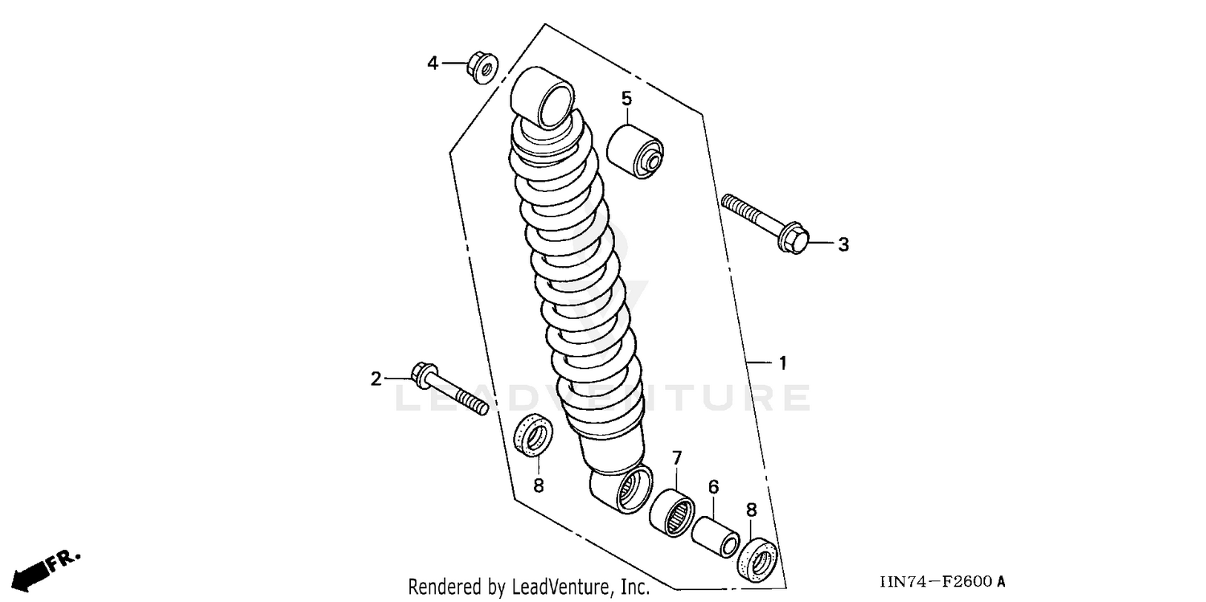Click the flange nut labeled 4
[x=482, y=68]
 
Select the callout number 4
[x=433, y=63]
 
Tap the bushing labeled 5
[x=634, y=151]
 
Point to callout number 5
[x=626, y=99]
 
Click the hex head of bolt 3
[x=791, y=239]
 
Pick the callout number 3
[x=843, y=244]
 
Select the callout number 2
[x=375, y=379]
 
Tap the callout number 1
[x=781, y=363]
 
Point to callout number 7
[x=677, y=458]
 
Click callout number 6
[x=713, y=487]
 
